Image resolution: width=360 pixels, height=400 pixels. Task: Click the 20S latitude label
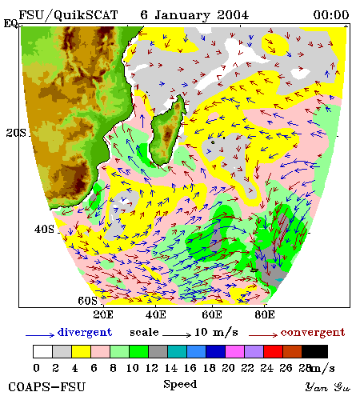[x=16, y=133]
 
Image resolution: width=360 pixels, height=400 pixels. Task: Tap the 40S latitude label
[x=44, y=229]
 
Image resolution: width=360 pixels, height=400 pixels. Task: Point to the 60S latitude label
[x=87, y=301]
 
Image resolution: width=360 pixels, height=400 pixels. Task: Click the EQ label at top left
[x=10, y=23]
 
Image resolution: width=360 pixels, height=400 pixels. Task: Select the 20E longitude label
[x=103, y=314]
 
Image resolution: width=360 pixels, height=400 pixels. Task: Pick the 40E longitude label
[x=156, y=314]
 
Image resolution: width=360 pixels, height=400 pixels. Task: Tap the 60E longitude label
[x=212, y=314]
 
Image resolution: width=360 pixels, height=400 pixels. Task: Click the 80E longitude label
[x=265, y=314]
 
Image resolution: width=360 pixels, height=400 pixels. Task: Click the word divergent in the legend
[x=85, y=333]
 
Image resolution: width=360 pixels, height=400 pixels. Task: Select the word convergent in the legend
[x=313, y=333]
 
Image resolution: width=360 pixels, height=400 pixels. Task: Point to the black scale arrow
[x=177, y=334]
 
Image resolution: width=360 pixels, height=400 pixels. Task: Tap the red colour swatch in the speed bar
[x=273, y=351]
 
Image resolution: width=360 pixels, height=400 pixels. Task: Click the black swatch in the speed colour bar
[x=314, y=351]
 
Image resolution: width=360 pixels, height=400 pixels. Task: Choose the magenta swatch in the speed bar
[x=235, y=351]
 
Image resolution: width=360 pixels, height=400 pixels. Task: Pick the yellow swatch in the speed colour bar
[x=81, y=351]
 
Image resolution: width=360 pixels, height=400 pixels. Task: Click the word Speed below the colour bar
[x=180, y=385]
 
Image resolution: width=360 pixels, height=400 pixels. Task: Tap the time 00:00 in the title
[x=331, y=15]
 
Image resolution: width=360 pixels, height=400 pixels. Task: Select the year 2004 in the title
[x=233, y=15]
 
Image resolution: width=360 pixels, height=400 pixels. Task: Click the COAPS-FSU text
[x=46, y=387]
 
